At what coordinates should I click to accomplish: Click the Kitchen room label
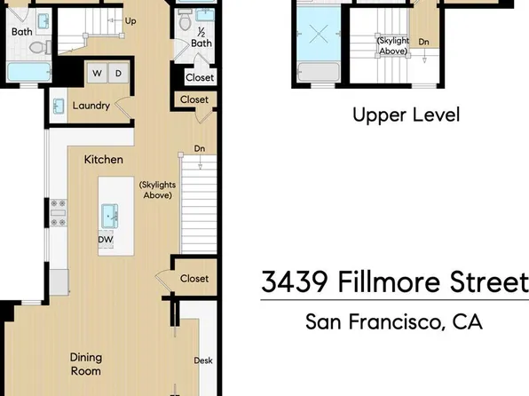[103, 160]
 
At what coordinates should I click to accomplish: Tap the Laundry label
[91, 107]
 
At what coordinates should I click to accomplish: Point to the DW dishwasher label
[106, 239]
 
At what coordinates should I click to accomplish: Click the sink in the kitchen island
[111, 214]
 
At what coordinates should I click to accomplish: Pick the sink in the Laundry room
[58, 107]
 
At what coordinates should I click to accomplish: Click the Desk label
[202, 360]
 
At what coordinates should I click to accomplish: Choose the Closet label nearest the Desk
[193, 279]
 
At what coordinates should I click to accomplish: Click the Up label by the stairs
[131, 20]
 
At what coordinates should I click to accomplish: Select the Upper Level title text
[393, 115]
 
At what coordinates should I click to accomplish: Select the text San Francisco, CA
[393, 321]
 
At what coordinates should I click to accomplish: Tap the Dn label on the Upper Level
[424, 41]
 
